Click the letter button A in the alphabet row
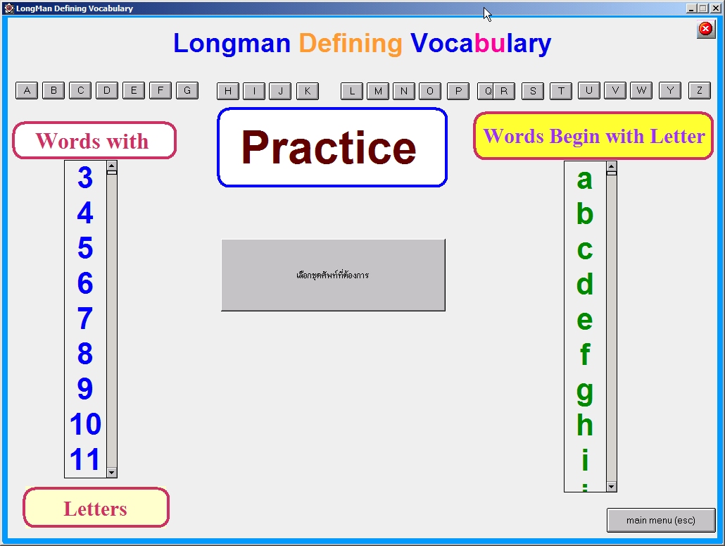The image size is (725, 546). click(27, 90)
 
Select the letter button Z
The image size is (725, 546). click(699, 90)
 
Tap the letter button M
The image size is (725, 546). click(378, 91)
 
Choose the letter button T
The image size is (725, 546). click(561, 90)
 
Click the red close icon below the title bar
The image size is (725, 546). click(705, 29)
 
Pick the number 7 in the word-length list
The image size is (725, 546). click(85, 319)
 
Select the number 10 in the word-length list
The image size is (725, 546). click(85, 425)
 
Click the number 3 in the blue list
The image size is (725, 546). click(85, 178)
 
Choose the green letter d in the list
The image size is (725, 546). click(585, 285)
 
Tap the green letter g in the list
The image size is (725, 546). click(585, 390)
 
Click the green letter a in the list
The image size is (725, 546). click(585, 180)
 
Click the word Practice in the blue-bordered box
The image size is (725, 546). click(329, 148)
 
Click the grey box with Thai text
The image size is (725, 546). click(333, 275)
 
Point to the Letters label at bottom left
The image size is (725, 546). click(96, 508)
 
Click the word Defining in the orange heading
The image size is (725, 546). click(351, 44)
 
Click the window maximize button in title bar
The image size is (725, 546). click(702, 8)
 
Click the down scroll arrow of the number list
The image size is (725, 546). click(111, 472)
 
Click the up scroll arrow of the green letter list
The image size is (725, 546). click(611, 167)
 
